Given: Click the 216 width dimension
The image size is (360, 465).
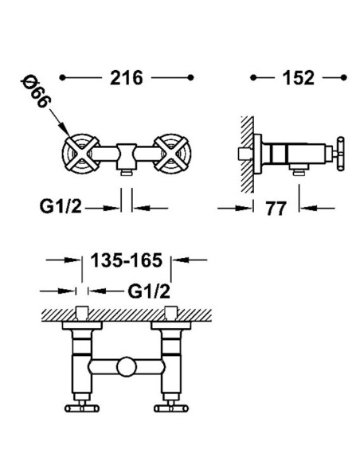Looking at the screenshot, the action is click(x=127, y=78).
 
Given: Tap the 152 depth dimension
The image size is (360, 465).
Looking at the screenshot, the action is click(x=298, y=78).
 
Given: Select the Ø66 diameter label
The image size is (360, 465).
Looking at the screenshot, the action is click(x=36, y=92).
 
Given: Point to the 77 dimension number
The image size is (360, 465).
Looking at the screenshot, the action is click(x=276, y=208).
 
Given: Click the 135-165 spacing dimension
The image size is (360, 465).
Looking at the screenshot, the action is click(x=127, y=260).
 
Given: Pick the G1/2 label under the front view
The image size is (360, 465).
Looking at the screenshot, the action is click(x=61, y=206).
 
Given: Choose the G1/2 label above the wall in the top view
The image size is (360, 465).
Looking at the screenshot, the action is click(x=149, y=291).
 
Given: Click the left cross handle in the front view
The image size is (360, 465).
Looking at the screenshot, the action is click(x=81, y=154).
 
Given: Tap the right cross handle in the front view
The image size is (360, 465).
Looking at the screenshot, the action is click(x=172, y=154).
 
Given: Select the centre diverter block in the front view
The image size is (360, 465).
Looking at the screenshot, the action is click(x=127, y=156).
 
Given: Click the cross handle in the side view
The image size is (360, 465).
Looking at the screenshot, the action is click(x=341, y=154).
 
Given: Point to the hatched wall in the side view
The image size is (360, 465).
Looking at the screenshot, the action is click(x=248, y=154).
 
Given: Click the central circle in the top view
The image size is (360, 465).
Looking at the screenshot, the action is click(x=127, y=367).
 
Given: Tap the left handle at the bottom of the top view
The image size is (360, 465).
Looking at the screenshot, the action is click(x=82, y=408).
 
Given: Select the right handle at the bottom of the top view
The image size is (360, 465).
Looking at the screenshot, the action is click(x=171, y=408).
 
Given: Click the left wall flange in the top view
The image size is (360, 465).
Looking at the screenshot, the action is click(x=82, y=326).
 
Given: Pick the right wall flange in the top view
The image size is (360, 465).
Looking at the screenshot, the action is click(x=170, y=326).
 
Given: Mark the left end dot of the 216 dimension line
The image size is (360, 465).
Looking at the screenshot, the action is click(x=62, y=78).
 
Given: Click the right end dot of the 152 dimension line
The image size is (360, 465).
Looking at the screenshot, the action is click(x=344, y=78).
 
